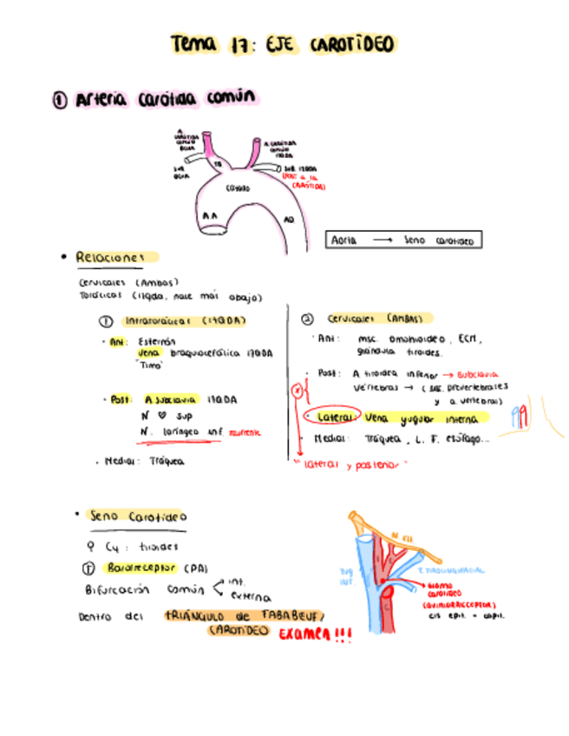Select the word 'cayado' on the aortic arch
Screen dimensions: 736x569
click(237, 187)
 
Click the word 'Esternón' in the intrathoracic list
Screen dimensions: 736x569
click(157, 341)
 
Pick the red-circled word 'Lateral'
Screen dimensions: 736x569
click(333, 417)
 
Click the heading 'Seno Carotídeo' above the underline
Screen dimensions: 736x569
click(137, 516)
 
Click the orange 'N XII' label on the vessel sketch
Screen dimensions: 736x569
click(400, 536)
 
